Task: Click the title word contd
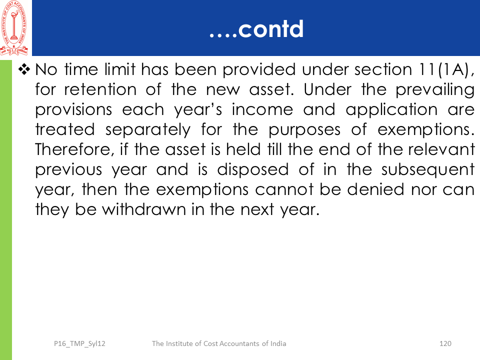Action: click(270, 29)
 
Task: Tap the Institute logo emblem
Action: click(14, 28)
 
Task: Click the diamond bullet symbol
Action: click(24, 69)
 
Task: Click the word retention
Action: click(100, 90)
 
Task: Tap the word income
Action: click(262, 110)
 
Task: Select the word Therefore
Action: click(74, 150)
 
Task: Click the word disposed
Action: click(253, 170)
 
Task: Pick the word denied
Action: click(375, 190)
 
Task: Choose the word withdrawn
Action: click(144, 210)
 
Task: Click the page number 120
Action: click(445, 343)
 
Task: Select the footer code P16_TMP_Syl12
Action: click(79, 344)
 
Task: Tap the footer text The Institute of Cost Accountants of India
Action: click(219, 343)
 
